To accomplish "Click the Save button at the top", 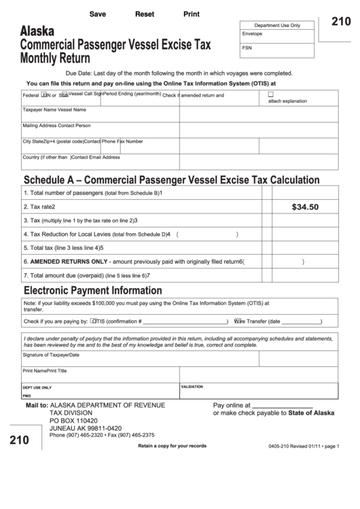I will coord(97,14).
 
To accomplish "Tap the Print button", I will coord(191,14).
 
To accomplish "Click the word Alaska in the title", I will coord(39,31).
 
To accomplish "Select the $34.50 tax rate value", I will coord(304,207).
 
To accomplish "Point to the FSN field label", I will coord(247,48).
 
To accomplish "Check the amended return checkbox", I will coord(270,94).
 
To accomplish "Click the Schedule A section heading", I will coord(171,180).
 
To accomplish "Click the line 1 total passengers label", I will coord(92,193).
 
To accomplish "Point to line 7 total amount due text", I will coord(86,275).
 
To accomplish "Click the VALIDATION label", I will coord(192,387).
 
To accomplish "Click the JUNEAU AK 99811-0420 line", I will coord(86,428).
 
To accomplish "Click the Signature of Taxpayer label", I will coord(51,355).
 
